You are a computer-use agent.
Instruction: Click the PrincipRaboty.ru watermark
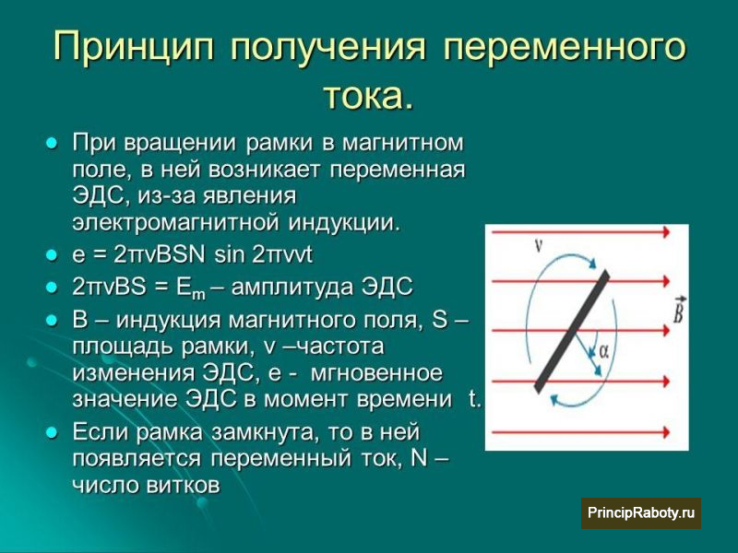pos(641,512)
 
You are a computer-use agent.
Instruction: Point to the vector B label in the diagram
pos(678,311)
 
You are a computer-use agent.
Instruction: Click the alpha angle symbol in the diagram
pos(603,350)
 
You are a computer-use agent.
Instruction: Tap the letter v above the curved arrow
pos(540,244)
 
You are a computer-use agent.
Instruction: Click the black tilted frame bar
pos(572,332)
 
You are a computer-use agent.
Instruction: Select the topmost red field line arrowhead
pos(665,231)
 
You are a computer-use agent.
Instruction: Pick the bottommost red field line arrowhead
pos(665,431)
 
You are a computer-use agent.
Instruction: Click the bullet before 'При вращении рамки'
pos(52,143)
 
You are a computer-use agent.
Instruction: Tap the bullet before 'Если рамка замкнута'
pos(52,432)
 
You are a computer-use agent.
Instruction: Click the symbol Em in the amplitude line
pos(191,288)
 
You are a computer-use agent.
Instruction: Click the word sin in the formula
pos(229,255)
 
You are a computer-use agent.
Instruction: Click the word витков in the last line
pos(183,486)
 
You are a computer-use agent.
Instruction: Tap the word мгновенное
pos(376,373)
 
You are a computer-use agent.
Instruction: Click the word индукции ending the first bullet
pos(343,223)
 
